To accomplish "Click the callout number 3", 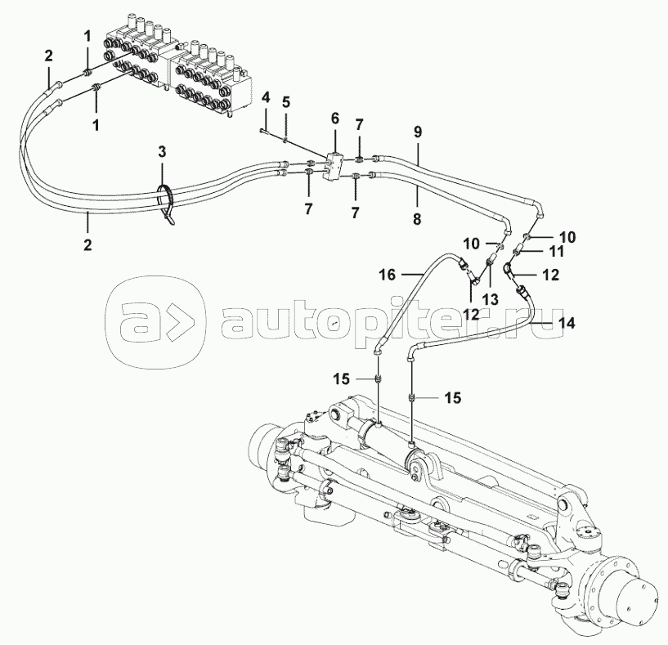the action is (x=162, y=152).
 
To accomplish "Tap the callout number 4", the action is (x=266, y=99).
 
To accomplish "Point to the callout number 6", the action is (x=334, y=119).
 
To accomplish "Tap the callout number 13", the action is (x=490, y=300).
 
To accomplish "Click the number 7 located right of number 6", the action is (x=360, y=123).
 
